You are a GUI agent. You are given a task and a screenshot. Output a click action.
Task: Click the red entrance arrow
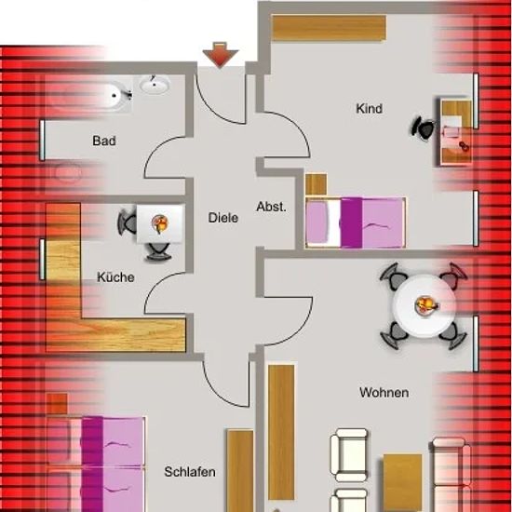click(221, 55)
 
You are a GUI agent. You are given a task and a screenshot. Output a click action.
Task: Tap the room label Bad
click(104, 141)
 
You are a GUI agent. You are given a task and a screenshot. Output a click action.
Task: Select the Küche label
click(115, 276)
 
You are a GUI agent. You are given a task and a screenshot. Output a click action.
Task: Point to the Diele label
click(223, 218)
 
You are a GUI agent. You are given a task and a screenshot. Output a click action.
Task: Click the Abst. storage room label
click(271, 207)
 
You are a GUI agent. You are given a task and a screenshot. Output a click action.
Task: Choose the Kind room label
click(369, 108)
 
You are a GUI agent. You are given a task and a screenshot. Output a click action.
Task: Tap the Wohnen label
click(384, 392)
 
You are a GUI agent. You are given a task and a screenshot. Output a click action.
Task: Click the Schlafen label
click(190, 472)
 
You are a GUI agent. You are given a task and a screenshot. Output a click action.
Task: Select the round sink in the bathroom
click(155, 84)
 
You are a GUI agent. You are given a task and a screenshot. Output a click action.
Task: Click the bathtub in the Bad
click(88, 96)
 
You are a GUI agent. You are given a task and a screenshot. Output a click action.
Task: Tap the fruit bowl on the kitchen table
click(160, 224)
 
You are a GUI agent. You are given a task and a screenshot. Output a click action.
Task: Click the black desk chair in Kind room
click(423, 128)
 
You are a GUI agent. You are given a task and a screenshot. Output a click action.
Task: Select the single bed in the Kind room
click(356, 222)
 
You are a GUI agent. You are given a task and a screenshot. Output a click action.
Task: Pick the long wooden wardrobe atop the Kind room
click(330, 28)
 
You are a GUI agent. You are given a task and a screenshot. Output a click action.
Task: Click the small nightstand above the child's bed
click(317, 184)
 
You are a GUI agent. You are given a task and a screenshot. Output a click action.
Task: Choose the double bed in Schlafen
click(96, 464)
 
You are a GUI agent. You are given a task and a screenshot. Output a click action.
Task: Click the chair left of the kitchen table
click(128, 222)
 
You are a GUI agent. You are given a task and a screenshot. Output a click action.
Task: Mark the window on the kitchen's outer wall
click(42, 260)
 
